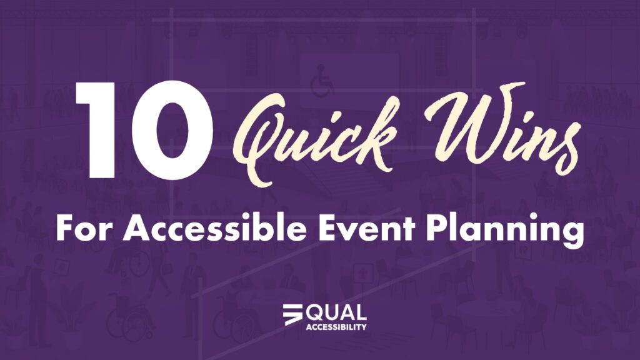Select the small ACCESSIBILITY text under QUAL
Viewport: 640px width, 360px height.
[x=336, y=326]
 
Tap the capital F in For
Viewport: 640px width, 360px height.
[x=64, y=229]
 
